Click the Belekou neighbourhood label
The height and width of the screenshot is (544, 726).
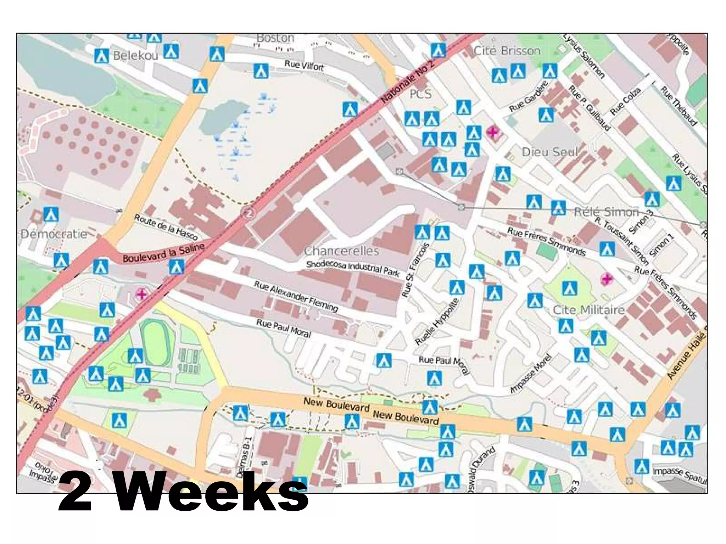tap(135, 56)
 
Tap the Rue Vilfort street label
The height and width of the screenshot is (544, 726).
tap(304, 65)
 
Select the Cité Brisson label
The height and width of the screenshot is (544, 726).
tap(507, 51)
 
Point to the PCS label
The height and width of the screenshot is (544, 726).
tap(420, 94)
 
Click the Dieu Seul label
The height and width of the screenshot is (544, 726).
tap(550, 152)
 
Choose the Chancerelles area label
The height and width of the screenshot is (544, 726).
tap(341, 251)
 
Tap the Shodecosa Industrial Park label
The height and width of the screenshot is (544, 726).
tap(353, 268)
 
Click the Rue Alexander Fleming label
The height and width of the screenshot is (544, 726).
tap(296, 296)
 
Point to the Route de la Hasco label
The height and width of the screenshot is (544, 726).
tap(166, 227)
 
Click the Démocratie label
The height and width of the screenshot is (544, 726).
tap(54, 234)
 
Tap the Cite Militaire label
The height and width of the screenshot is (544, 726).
tap(588, 310)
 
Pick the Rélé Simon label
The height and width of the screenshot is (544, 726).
tap(606, 212)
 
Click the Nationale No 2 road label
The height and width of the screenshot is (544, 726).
tap(408, 82)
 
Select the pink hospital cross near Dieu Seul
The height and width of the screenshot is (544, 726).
tap(492, 133)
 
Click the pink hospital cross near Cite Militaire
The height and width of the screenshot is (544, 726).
tap(607, 279)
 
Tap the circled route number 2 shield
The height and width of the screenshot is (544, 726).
tap(249, 213)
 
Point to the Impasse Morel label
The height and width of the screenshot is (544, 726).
tap(531, 374)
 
